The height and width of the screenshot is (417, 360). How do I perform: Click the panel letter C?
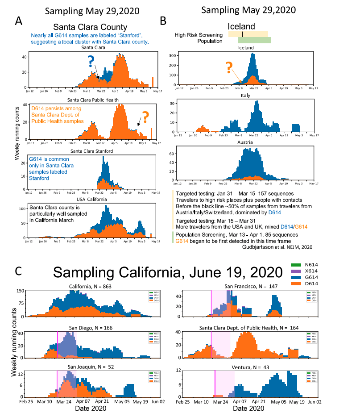point(19,271)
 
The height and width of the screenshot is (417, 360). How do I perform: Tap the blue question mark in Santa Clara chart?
point(91,61)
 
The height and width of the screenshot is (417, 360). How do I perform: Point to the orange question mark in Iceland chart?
point(229,67)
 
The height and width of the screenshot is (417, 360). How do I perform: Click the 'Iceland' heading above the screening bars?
point(241,26)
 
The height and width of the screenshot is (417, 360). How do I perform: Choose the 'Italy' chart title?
point(245,96)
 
